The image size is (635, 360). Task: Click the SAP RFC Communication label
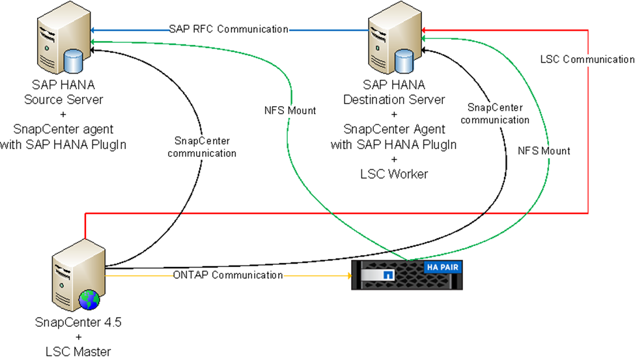(x=228, y=29)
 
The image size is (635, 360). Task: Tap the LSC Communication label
(x=587, y=59)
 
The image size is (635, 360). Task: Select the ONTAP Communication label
(x=228, y=275)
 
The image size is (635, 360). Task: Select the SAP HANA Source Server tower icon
(x=55, y=40)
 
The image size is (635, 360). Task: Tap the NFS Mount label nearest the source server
(x=290, y=111)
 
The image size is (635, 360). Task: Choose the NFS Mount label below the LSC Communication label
(x=544, y=151)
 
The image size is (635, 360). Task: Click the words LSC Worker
(x=393, y=174)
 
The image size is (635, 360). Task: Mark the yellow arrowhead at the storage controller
(x=346, y=275)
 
